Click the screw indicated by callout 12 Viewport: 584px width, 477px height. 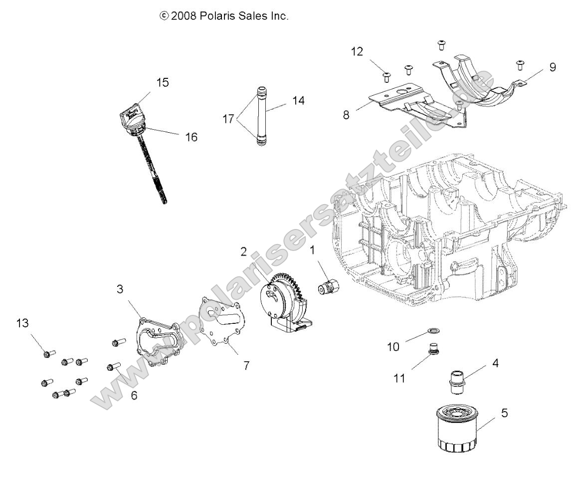pyautogui.click(x=386, y=76)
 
